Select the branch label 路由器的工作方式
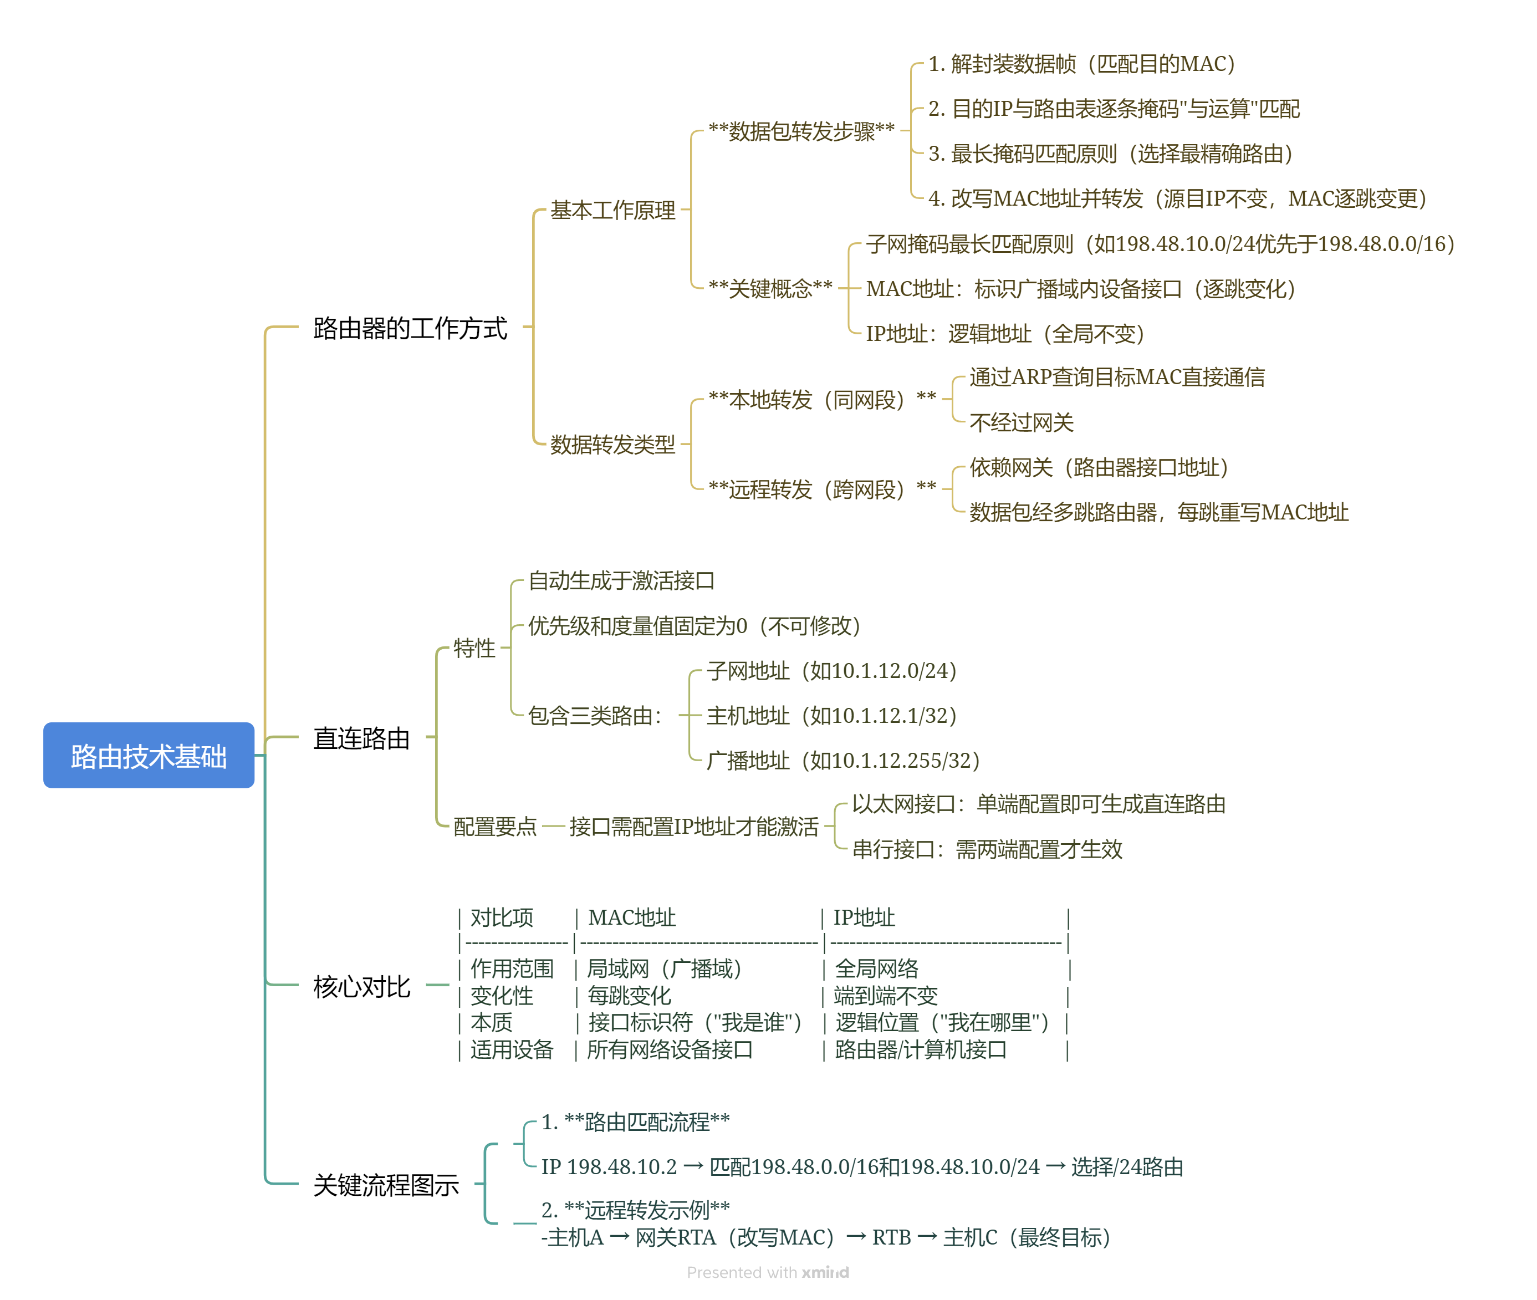click(x=410, y=328)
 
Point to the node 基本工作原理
click(x=612, y=210)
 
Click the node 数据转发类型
click(x=612, y=445)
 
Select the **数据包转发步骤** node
click(x=801, y=131)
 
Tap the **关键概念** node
click(x=770, y=288)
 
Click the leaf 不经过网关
click(x=1021, y=422)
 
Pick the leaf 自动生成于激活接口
click(x=621, y=581)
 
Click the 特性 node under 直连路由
click(x=474, y=648)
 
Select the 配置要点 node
click(x=494, y=826)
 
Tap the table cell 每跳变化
click(x=629, y=996)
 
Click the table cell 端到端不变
click(x=885, y=996)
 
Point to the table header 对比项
click(x=501, y=917)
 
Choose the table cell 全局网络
click(x=876, y=968)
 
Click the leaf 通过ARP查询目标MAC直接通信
click(x=1117, y=378)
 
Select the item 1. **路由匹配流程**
click(x=635, y=1121)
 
